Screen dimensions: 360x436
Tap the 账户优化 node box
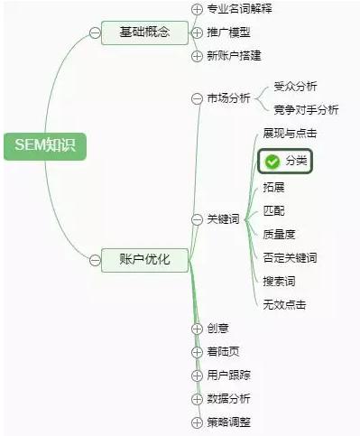pos(144,260)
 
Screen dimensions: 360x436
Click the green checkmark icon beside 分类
pos(272,161)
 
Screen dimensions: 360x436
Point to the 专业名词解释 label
pos(239,9)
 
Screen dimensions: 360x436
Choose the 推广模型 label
pos(228,32)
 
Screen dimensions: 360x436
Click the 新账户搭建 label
pos(234,56)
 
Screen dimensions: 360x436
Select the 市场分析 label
pos(228,98)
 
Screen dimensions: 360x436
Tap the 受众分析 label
pos(295,87)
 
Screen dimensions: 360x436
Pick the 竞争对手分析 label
pos(306,110)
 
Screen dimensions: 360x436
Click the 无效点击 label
pos(283,304)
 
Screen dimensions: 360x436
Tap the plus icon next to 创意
pos(198,328)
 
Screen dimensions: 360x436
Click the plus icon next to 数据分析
pos(198,398)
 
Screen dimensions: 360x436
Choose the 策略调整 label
pos(228,422)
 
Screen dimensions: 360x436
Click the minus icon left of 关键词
pos(198,218)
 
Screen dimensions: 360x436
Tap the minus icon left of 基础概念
pos(95,33)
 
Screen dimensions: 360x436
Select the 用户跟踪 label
pos(228,375)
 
